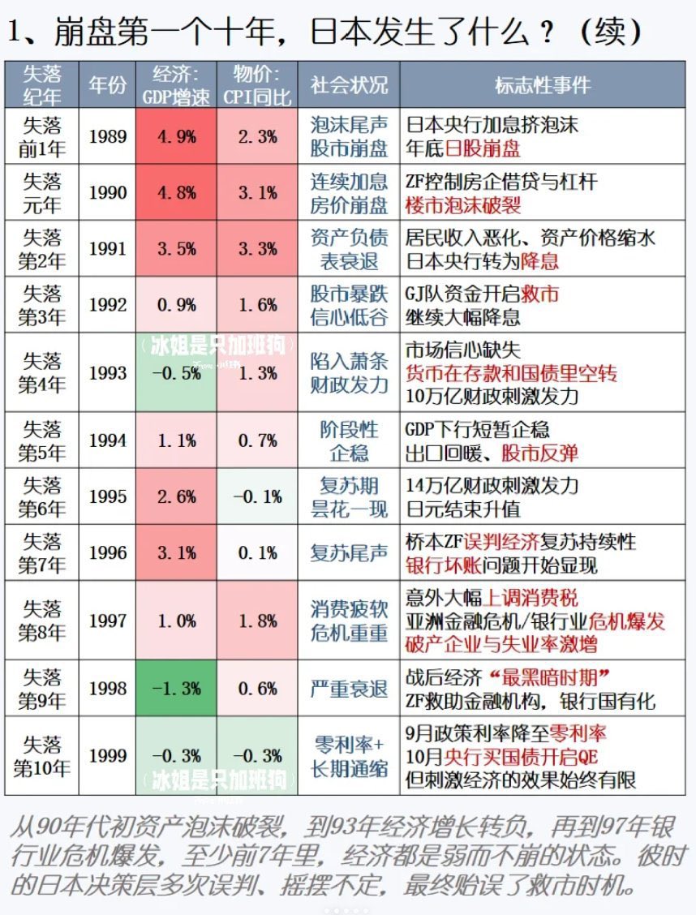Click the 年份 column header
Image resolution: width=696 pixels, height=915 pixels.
107,84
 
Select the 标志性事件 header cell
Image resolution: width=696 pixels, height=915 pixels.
543,84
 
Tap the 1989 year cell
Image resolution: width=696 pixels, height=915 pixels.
107,136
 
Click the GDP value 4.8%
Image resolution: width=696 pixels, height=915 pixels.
176,193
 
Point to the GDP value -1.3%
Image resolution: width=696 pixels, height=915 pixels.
176,688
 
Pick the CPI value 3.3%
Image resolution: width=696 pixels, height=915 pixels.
257,249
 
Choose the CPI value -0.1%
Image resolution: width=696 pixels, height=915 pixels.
257,496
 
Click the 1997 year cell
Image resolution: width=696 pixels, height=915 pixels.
107,621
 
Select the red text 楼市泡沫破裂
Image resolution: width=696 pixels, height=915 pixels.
463,204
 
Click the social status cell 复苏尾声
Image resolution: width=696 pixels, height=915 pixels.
349,552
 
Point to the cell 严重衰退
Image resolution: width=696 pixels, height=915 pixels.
349,688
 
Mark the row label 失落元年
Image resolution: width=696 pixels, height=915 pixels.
41,193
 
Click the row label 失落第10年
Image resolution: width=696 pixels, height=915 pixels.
41,756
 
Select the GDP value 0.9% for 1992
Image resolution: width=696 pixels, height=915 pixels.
176,305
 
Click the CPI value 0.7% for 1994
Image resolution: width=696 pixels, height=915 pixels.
257,440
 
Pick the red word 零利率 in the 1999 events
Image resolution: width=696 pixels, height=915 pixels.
578,734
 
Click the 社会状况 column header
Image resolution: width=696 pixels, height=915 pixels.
349,84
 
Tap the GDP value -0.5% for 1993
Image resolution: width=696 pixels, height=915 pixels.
176,373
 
